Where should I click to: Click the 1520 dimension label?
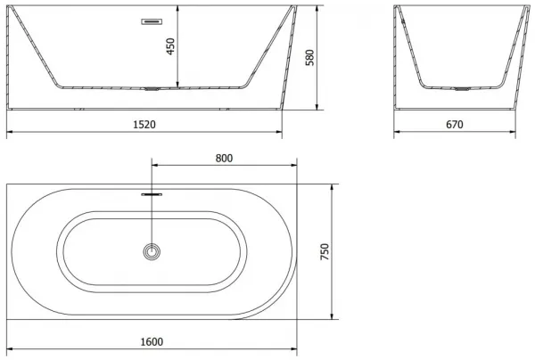[x=144, y=125]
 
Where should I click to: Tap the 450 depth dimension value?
[x=170, y=46]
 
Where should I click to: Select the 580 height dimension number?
[x=309, y=57]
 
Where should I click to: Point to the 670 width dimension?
[x=455, y=125]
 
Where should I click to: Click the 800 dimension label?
[x=224, y=159]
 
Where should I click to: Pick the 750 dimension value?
[x=325, y=251]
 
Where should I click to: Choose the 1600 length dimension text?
[x=152, y=341]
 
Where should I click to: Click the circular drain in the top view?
[x=152, y=251]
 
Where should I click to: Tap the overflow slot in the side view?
[x=152, y=21]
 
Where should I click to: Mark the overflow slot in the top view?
[x=152, y=194]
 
